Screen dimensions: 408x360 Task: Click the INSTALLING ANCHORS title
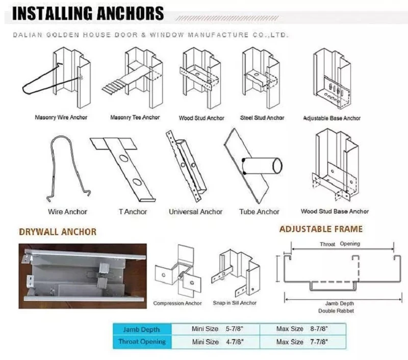point(88,13)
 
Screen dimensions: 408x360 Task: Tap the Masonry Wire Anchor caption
point(61,117)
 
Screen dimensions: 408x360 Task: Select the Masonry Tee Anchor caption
point(135,117)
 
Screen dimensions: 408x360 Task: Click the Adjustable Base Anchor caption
point(332,118)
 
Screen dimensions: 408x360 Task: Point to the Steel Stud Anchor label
point(262,118)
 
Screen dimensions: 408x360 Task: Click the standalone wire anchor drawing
point(68,169)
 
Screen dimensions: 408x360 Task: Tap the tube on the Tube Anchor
point(262,165)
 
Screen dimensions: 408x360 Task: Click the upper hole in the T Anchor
point(122,158)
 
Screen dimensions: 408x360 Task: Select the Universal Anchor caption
point(196,212)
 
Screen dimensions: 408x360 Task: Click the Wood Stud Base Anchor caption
point(335,211)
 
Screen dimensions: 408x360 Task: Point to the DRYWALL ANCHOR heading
point(58,232)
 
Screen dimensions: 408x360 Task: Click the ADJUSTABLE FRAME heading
point(321,229)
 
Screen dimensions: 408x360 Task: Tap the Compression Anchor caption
point(177,303)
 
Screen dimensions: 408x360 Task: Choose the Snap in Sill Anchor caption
point(235,303)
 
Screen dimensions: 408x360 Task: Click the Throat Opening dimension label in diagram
point(340,244)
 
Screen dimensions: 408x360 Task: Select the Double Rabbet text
point(336,311)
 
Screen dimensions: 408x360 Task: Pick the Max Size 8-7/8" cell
point(302,329)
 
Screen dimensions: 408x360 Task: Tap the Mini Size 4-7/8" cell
point(216,342)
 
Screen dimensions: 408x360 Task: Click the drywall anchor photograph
point(83,276)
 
